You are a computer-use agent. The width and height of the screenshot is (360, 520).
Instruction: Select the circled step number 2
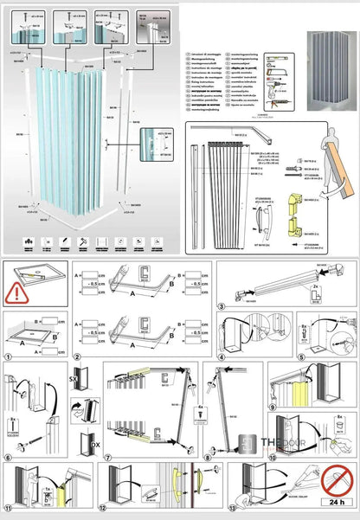point(76,355)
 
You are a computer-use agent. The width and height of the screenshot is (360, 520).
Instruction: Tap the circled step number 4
point(222,354)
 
